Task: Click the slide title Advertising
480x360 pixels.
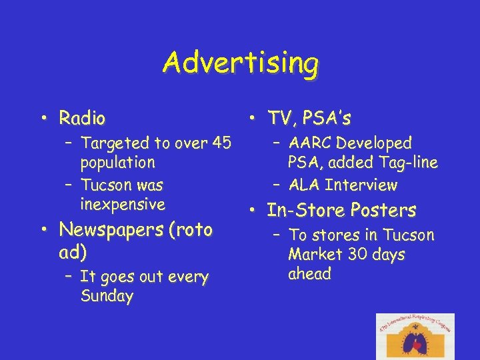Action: pyautogui.click(x=240, y=64)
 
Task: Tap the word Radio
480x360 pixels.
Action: pyautogui.click(x=82, y=119)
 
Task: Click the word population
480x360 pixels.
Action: pyautogui.click(x=117, y=163)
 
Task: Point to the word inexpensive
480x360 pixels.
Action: pyautogui.click(x=122, y=204)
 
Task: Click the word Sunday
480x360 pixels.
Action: pyautogui.click(x=107, y=297)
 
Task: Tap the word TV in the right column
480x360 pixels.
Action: pyautogui.click(x=278, y=119)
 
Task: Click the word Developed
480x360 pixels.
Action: pyautogui.click(x=374, y=143)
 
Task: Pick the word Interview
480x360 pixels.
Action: pyautogui.click(x=361, y=185)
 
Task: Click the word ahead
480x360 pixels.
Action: pyautogui.click(x=309, y=274)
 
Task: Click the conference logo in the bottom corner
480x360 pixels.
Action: pyautogui.click(x=415, y=336)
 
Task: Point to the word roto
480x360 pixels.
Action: pyautogui.click(x=192, y=230)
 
